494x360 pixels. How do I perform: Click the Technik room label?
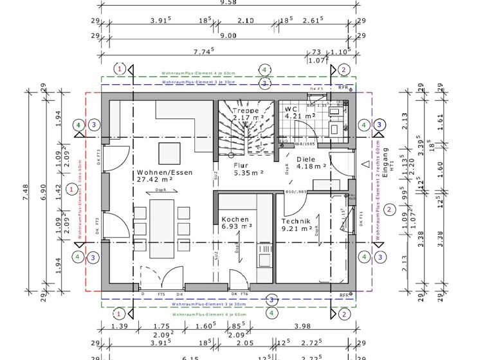tap(296, 221)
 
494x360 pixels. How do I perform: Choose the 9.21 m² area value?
tap(297, 228)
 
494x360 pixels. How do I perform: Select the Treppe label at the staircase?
tap(245, 110)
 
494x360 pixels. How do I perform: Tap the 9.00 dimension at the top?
tap(228, 37)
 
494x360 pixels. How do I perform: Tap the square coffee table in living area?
tap(170, 154)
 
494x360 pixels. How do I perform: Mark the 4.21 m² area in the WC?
tap(300, 116)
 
